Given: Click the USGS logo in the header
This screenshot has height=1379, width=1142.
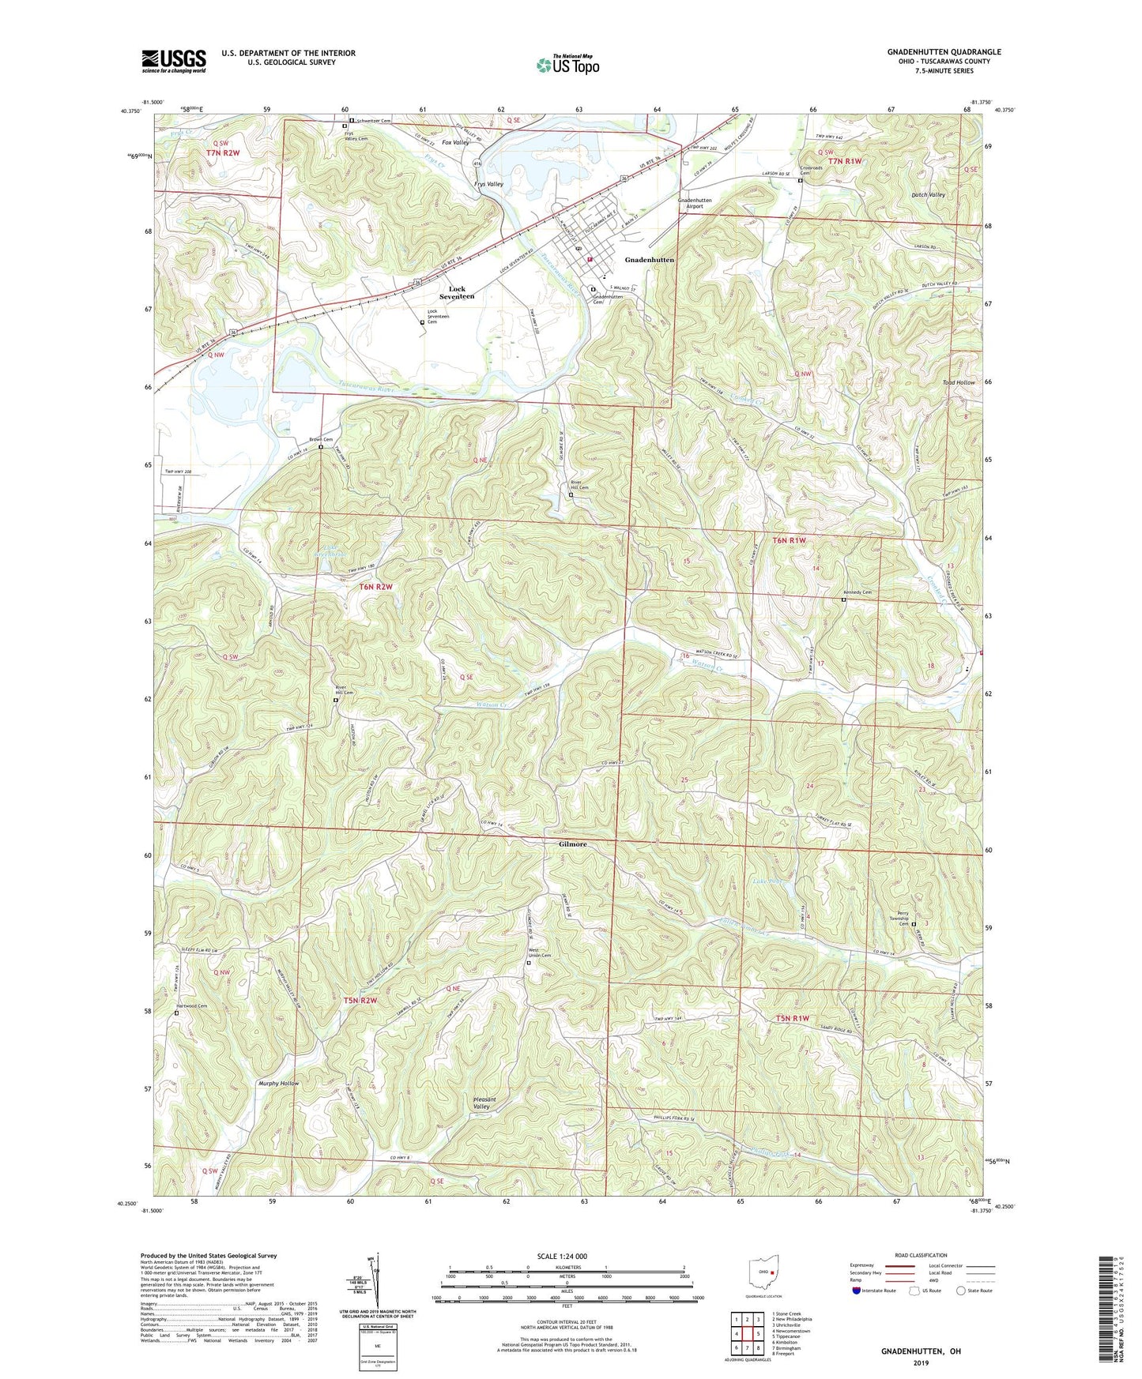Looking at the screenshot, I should pos(174,61).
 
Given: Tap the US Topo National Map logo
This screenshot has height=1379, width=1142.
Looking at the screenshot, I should pos(567,65).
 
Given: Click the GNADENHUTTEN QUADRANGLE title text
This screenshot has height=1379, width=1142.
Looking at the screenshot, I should pos(944,52).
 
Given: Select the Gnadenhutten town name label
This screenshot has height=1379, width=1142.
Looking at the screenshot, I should pos(650,260).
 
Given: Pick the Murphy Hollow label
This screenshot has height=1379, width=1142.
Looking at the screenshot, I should pos(278,1084).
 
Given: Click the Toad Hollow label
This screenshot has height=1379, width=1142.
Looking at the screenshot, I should pos(958,382).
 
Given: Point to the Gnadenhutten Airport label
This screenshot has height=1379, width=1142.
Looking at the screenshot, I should pos(695,203).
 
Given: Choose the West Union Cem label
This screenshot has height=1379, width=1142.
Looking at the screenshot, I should pos(539,955).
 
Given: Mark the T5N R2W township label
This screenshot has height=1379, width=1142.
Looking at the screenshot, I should pos(360,1000).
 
